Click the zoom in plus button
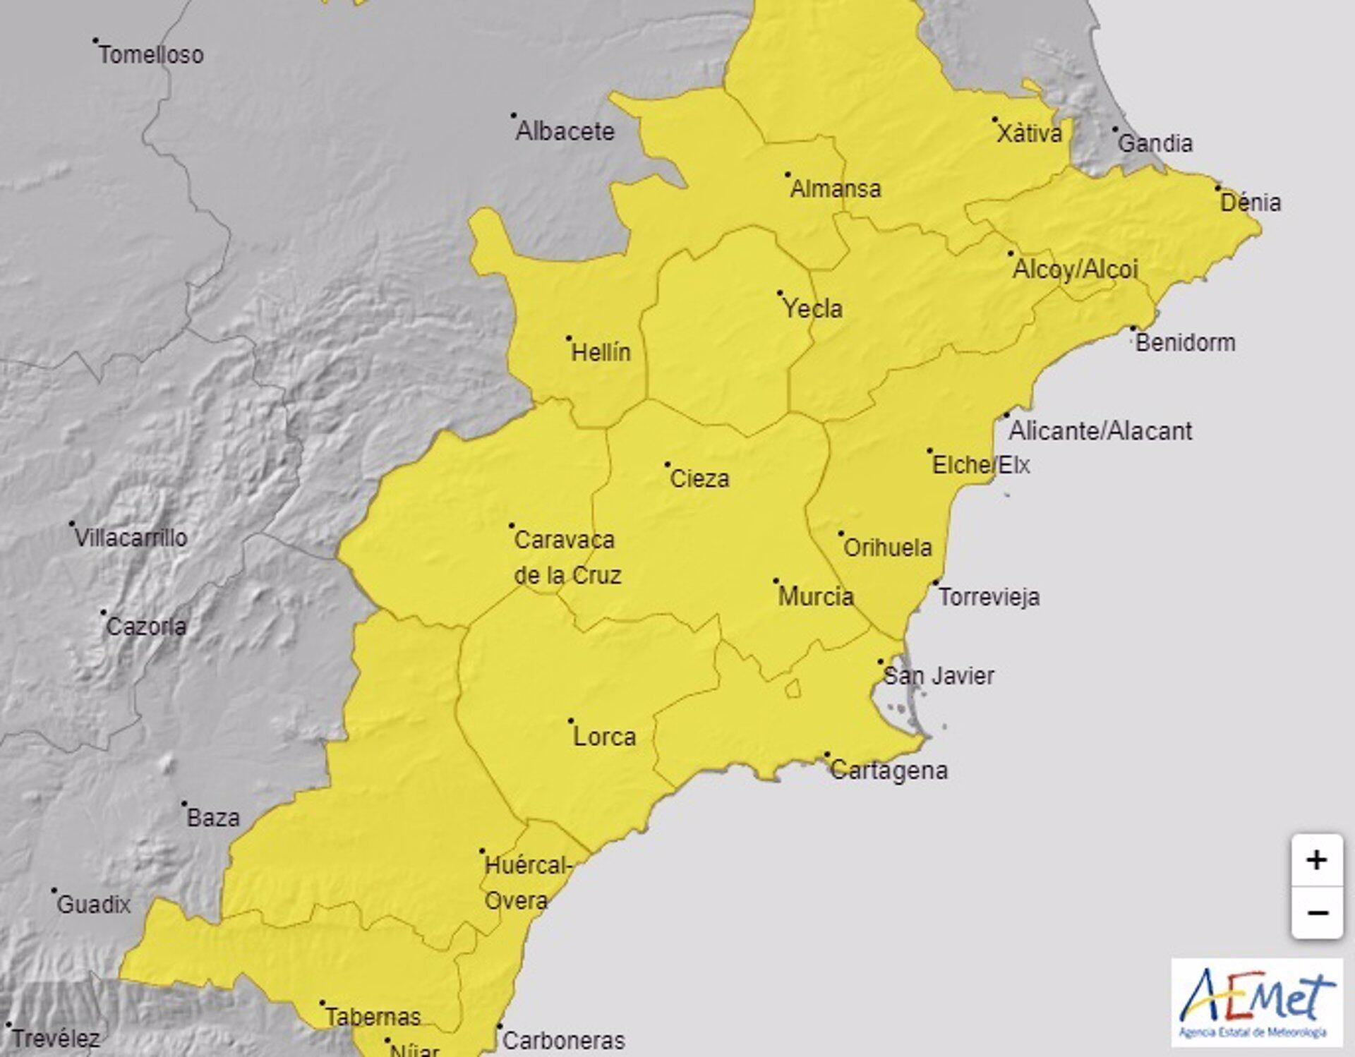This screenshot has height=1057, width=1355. [1316, 860]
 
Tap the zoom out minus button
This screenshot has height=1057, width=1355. [1316, 913]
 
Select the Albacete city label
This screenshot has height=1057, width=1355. [565, 131]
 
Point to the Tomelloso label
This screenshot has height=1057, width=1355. [151, 55]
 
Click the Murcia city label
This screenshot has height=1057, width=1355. [815, 597]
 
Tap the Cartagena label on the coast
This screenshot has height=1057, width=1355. [889, 770]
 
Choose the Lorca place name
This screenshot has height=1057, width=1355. [604, 737]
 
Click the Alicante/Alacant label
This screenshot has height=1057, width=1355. [1100, 430]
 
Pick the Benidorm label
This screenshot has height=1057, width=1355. [1185, 343]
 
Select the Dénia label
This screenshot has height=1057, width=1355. [1251, 203]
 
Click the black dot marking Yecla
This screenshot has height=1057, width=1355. [780, 293]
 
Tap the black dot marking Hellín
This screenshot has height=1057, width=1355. [569, 339]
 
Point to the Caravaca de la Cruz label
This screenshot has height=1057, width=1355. [567, 557]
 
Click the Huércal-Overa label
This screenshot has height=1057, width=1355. [526, 883]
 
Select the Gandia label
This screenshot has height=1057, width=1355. [1155, 144]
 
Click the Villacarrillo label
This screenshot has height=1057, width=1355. [131, 538]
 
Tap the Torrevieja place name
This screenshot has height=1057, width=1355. [989, 597]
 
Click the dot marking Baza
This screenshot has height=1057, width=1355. [184, 804]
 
